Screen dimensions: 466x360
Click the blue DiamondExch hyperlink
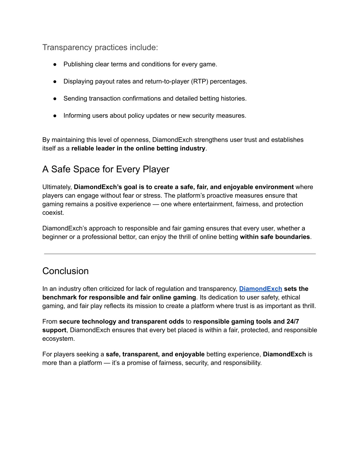261,289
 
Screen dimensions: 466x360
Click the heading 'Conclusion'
65,271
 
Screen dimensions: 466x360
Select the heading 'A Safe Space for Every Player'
105,169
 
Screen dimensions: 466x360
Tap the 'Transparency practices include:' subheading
100,47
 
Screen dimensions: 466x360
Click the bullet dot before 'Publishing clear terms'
55,64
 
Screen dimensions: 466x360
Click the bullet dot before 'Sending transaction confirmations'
55,99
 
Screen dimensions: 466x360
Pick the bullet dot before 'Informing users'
55,116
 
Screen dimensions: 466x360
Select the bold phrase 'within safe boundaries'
275,237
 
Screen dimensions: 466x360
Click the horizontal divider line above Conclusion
180,254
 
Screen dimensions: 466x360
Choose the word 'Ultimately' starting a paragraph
57,187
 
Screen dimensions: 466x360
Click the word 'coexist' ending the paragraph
52,213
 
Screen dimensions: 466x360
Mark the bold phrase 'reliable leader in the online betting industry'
138,148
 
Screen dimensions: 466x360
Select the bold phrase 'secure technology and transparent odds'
122,321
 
